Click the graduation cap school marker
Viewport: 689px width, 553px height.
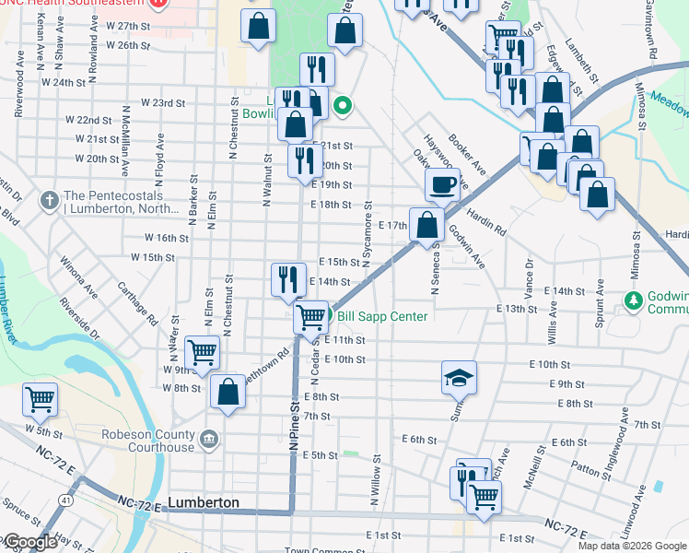[458, 378]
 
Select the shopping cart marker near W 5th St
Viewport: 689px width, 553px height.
[41, 400]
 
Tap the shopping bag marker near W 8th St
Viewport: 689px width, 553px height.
[228, 391]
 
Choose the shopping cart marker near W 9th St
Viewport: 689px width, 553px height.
[202, 352]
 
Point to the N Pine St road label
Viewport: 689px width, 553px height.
[294, 424]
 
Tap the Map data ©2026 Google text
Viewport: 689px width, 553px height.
[631, 546]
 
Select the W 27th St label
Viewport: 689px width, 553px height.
[127, 26]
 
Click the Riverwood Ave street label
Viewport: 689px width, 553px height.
[18, 100]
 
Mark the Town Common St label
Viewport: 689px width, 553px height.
[321, 549]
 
